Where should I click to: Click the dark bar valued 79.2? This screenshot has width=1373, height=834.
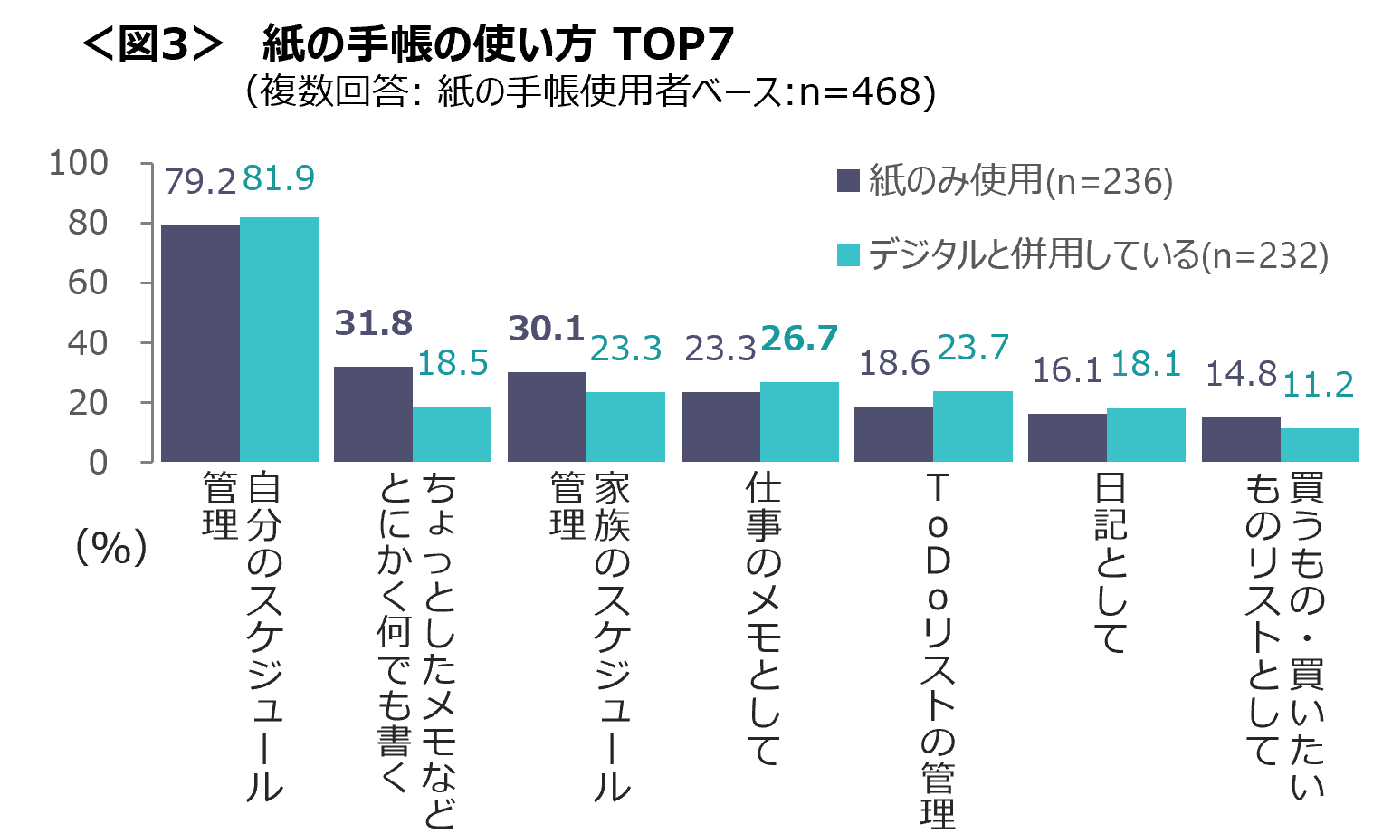200,343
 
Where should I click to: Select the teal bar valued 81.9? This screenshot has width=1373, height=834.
279,340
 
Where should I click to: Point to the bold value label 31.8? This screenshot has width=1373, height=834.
373,323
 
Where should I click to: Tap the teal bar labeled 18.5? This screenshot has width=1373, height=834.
452,434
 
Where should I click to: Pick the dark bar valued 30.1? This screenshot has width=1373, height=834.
547,417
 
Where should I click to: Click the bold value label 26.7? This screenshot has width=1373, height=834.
799,339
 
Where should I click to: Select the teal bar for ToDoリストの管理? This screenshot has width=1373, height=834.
972,427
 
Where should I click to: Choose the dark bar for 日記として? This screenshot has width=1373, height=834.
1067,437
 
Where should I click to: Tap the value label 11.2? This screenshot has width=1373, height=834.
1318,385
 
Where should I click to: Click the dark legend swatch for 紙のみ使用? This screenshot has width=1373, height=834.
848,180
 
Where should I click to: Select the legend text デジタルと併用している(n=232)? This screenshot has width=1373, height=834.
1098,255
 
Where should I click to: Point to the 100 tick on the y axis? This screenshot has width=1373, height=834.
78,164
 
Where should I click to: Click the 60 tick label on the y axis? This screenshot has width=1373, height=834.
88,283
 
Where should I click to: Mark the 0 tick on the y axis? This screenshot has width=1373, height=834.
98,463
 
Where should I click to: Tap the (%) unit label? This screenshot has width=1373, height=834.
111,547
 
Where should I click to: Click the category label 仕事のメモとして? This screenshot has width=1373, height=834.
762,619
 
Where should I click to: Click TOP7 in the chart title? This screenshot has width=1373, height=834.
673,43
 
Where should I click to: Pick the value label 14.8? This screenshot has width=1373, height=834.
1240,374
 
